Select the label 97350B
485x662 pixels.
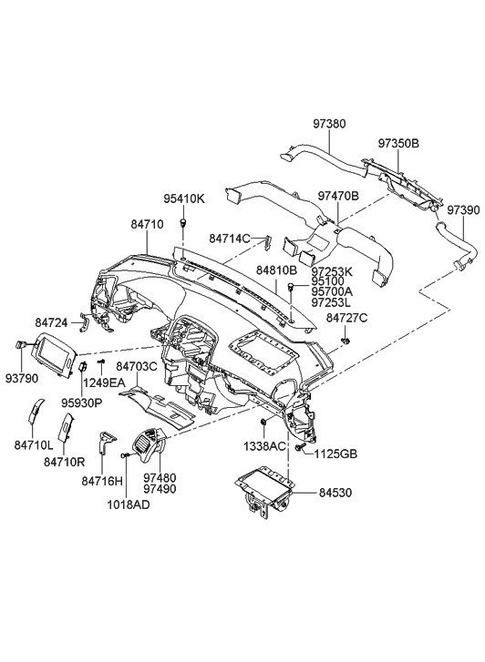[x=399, y=144]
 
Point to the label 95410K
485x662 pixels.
[x=184, y=198]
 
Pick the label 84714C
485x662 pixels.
[x=229, y=239]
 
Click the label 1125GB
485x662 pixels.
[x=337, y=453]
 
